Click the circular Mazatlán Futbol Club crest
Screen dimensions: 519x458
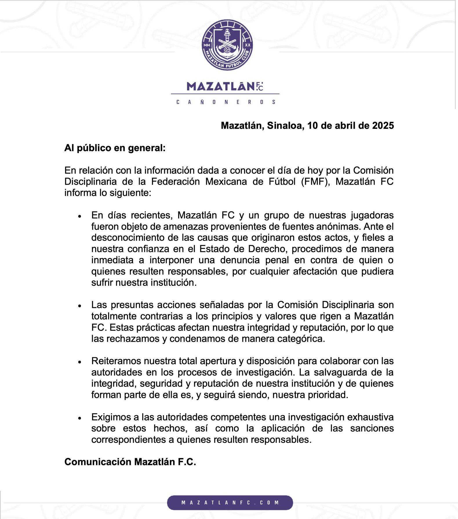227,45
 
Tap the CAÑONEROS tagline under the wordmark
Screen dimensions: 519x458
226,102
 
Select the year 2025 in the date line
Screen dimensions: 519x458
383,126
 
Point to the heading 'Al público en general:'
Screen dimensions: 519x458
115,148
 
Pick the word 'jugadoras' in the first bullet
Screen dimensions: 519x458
372,215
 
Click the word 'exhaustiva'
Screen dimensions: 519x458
370,417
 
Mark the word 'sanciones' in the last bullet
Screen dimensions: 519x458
372,428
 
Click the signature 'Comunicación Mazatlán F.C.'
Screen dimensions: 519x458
130,462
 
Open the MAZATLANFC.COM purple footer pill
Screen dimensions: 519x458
230,502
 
